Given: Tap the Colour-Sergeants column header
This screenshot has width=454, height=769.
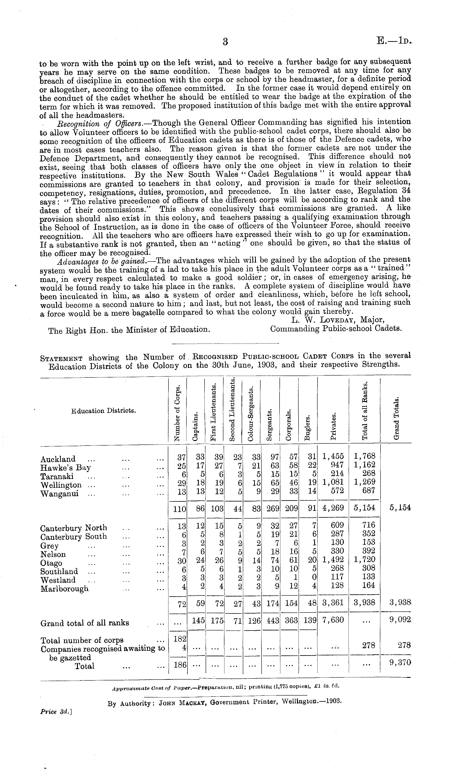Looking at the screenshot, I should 251,415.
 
